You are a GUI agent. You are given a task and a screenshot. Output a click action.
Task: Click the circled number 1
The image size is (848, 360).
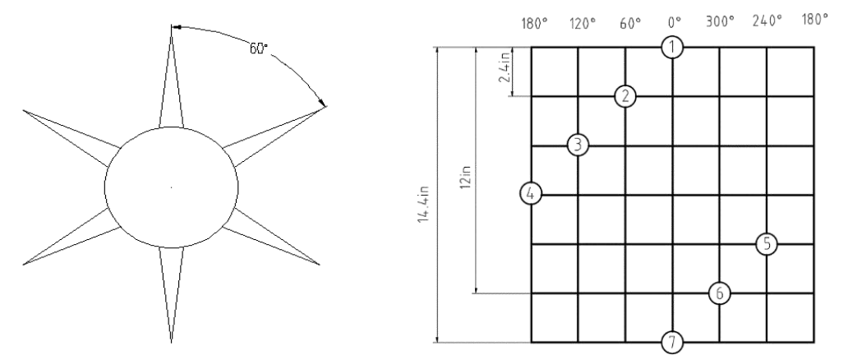pyautogui.click(x=672, y=48)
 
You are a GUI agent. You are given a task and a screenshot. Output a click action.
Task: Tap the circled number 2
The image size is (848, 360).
pyautogui.click(x=625, y=97)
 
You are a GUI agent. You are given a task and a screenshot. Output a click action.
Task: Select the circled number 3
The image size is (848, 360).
pyautogui.click(x=578, y=145)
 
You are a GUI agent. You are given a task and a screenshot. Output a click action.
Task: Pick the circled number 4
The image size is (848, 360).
pyautogui.click(x=531, y=194)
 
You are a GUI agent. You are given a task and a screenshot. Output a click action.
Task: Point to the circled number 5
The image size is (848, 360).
pyautogui.click(x=767, y=244)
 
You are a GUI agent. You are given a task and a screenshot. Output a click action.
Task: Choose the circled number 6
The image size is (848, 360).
pyautogui.click(x=720, y=293)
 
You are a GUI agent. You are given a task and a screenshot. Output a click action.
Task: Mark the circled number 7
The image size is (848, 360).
pyautogui.click(x=672, y=342)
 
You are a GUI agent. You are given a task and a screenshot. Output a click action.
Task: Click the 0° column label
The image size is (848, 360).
pyautogui.click(x=675, y=22)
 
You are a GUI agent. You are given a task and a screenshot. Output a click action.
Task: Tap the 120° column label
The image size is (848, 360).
pyautogui.click(x=583, y=23)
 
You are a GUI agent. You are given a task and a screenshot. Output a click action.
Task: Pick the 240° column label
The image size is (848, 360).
pyautogui.click(x=767, y=21)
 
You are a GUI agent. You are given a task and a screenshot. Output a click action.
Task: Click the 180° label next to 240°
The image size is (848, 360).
pyautogui.click(x=815, y=20)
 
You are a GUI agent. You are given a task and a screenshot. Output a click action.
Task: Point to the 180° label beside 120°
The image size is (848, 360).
pyautogui.click(x=534, y=24)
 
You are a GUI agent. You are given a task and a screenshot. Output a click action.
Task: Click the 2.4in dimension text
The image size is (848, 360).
pyautogui.click(x=505, y=71)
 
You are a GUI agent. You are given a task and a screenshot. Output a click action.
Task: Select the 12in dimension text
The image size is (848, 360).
pyautogui.click(x=466, y=177)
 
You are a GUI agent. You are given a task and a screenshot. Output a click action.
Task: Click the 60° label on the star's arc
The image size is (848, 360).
pyautogui.click(x=259, y=48)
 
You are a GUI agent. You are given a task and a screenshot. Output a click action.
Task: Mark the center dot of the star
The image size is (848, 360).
pyautogui.click(x=172, y=187)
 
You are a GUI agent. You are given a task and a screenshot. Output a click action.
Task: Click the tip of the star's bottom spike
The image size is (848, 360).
pyautogui.click(x=172, y=343)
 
